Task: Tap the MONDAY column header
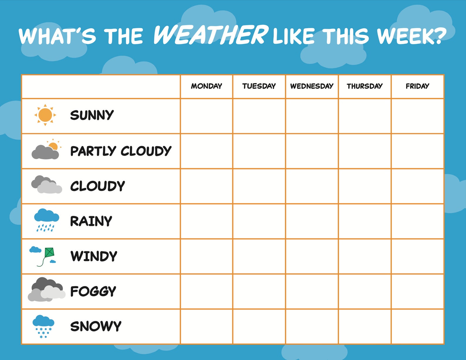(x=207, y=86)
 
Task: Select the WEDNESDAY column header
(x=312, y=86)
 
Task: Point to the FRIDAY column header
(x=417, y=86)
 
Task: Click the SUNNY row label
(x=92, y=115)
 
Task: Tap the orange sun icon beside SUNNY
(x=45, y=115)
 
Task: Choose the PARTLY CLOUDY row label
(x=121, y=151)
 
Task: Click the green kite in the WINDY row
(x=49, y=252)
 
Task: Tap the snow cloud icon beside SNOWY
(x=43, y=326)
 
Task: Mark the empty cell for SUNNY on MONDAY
(x=207, y=116)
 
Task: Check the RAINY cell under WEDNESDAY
(x=312, y=221)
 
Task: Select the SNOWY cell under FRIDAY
(x=417, y=326)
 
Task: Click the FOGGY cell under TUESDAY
(x=259, y=291)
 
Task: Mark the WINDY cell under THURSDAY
(x=364, y=256)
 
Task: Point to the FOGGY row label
(x=93, y=291)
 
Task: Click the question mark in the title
(x=439, y=36)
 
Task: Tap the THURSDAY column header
(x=364, y=86)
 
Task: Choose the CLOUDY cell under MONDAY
(x=207, y=186)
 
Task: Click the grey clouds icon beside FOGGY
(x=46, y=290)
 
